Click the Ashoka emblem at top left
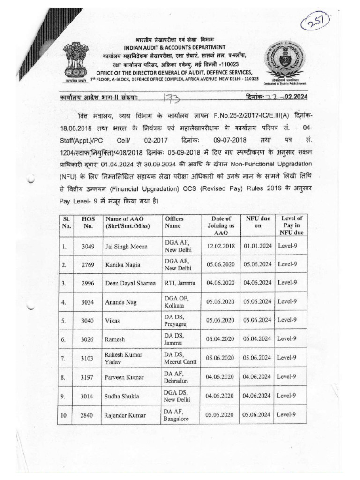point(75,60)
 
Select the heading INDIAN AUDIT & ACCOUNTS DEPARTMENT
point(168,47)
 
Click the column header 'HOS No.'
point(88,222)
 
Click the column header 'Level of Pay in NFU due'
point(291,225)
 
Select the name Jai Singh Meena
point(127,246)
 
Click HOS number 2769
point(88,265)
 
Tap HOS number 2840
point(88,415)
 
